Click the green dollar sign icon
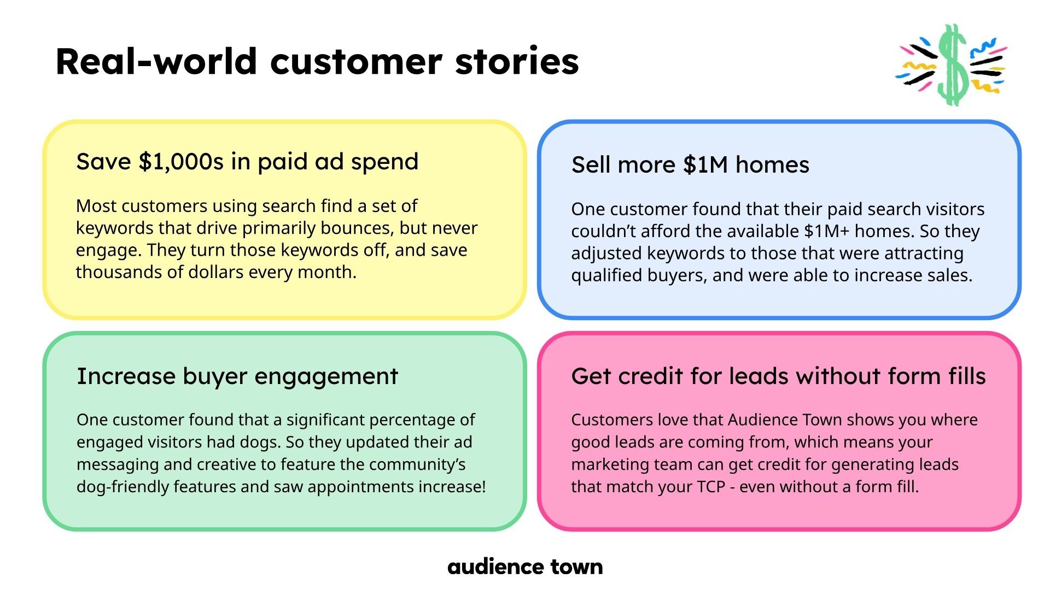click(953, 64)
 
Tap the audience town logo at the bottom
click(525, 567)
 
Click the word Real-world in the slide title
click(156, 61)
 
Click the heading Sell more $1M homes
click(690, 164)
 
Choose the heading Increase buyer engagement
click(237, 376)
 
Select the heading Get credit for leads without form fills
click(778, 376)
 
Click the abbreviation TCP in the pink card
click(711, 487)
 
